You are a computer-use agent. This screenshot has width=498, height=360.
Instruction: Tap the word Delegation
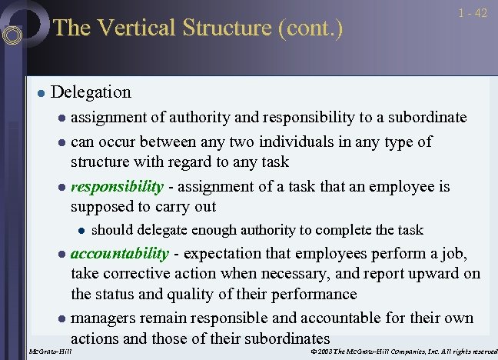click(x=91, y=92)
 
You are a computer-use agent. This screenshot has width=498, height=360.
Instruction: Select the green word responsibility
click(x=117, y=186)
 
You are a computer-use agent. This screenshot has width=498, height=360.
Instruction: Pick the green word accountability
click(x=119, y=254)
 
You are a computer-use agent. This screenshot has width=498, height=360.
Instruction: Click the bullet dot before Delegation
click(x=40, y=93)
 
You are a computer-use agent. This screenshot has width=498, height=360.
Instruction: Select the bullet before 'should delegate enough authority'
click(x=81, y=230)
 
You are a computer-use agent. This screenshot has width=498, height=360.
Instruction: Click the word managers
click(x=103, y=318)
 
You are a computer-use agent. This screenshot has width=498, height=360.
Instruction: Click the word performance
click(x=313, y=294)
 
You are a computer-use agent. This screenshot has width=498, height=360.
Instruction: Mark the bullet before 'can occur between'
click(x=61, y=142)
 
